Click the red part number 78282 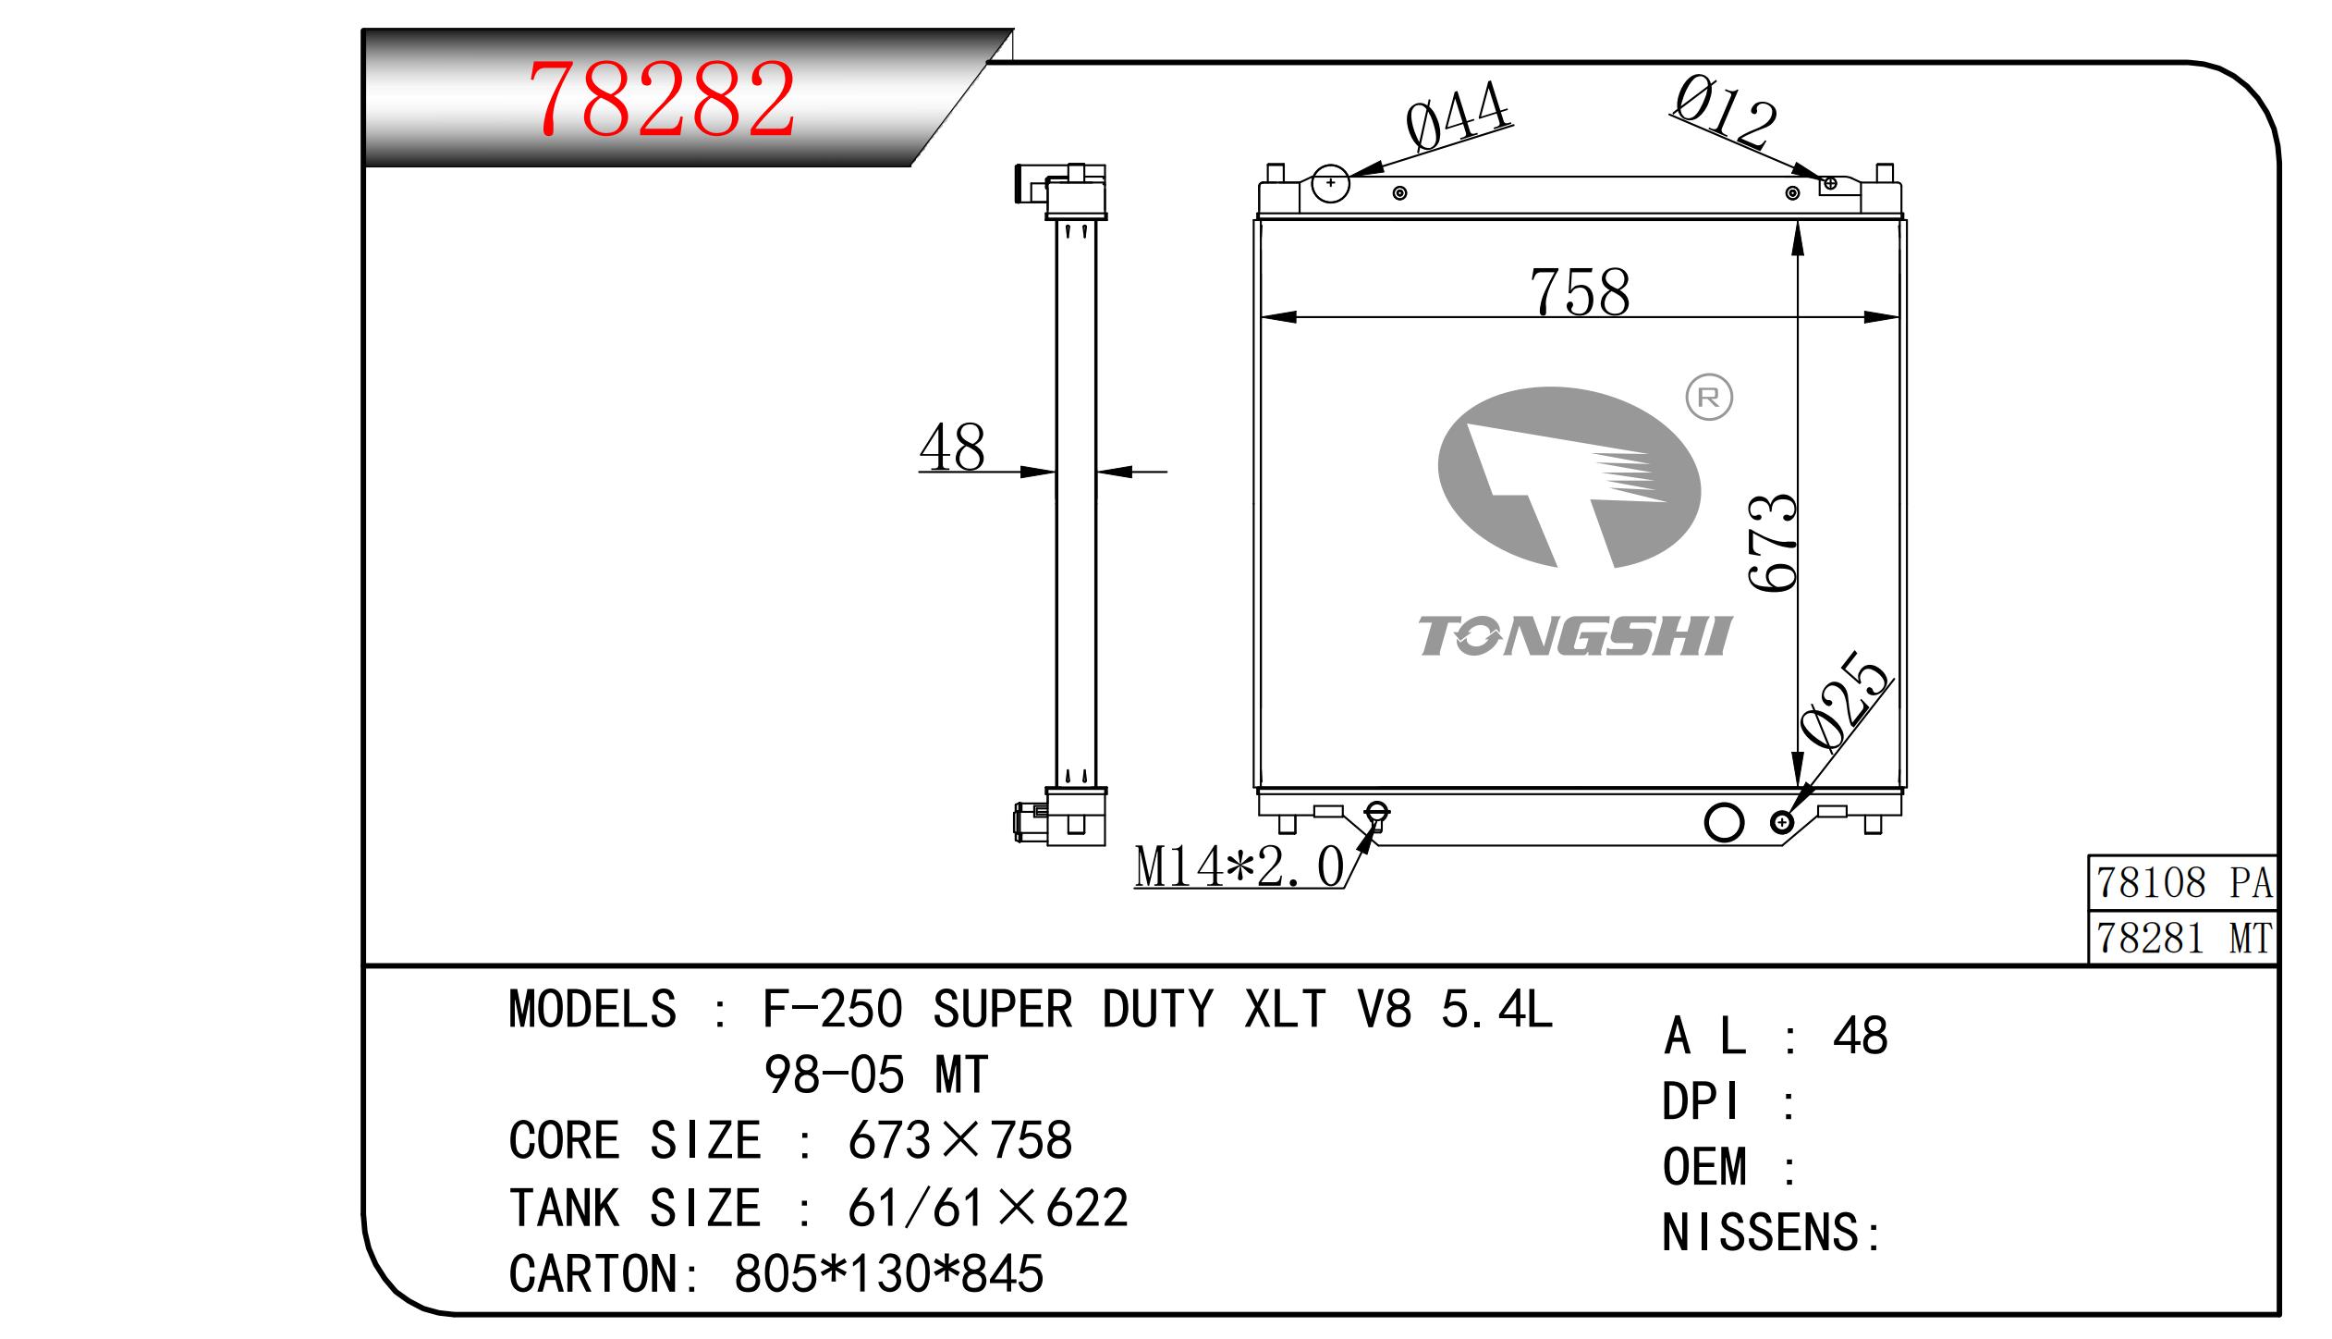(662, 99)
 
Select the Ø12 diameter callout (1725, 113)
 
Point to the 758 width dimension (1580, 292)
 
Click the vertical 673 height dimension (1772, 543)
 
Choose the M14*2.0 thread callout (1239, 867)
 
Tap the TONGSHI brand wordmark (1574, 636)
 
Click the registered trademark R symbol (1709, 398)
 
